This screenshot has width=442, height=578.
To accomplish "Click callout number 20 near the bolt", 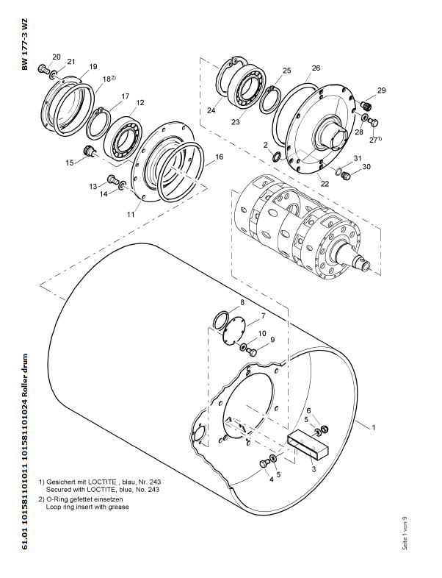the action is [x=57, y=57].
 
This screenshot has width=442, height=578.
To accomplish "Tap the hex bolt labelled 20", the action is [x=43, y=68].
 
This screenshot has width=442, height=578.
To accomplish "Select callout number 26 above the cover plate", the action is [x=316, y=68].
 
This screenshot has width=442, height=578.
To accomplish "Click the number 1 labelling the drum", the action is [x=374, y=427].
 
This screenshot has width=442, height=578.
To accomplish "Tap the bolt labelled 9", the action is [x=252, y=352].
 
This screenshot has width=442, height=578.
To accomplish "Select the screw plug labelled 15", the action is [x=88, y=151].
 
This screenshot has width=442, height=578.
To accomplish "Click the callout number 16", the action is [x=219, y=157].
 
